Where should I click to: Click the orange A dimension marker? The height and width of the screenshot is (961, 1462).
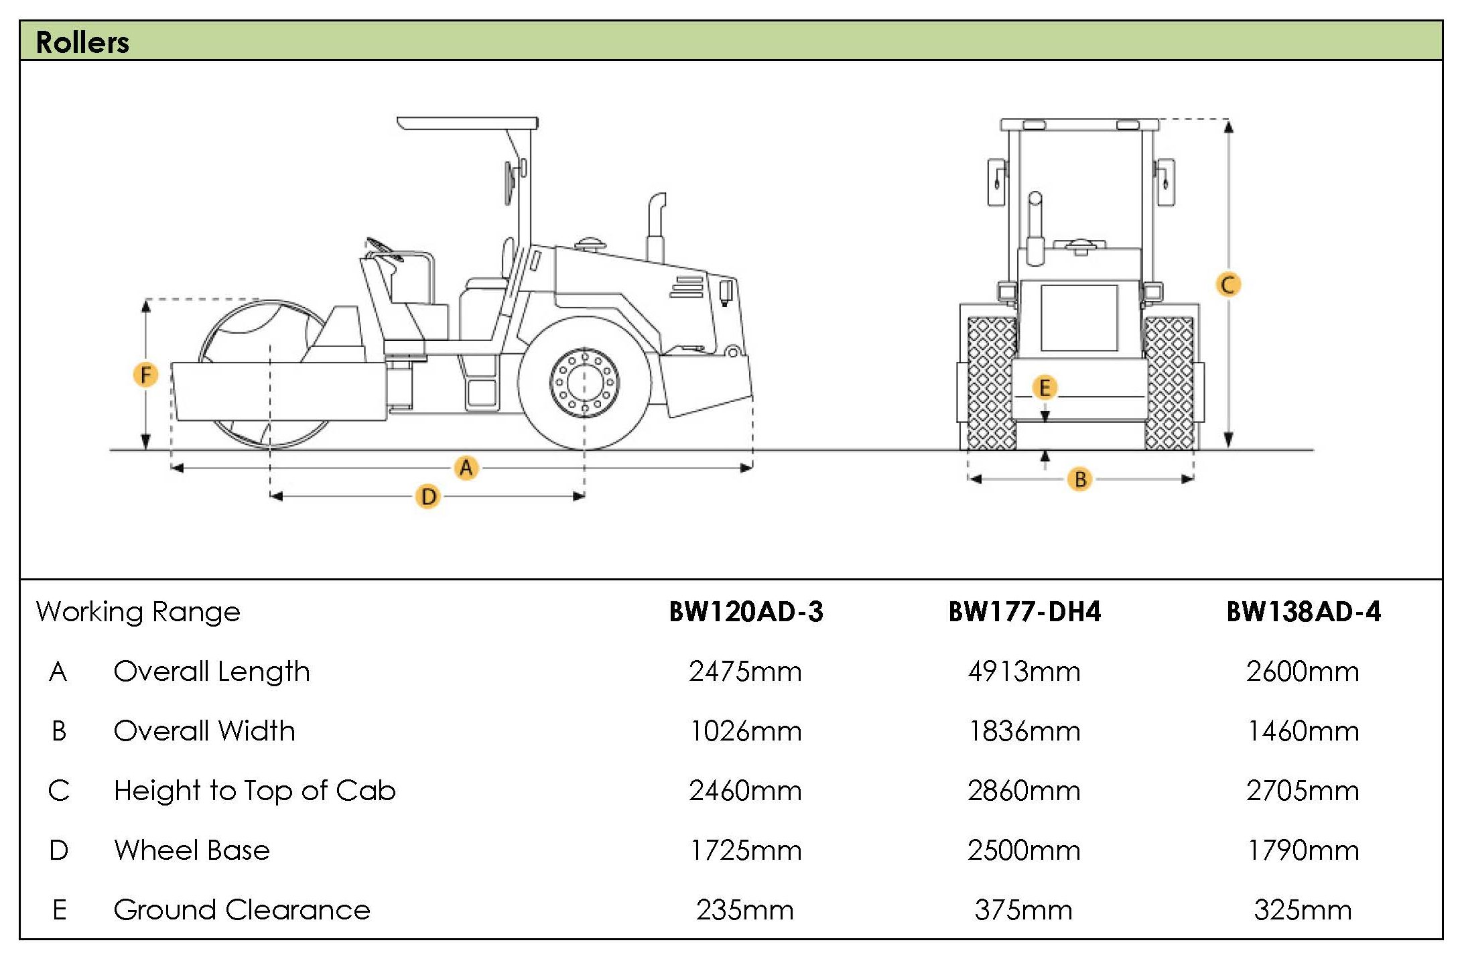(466, 467)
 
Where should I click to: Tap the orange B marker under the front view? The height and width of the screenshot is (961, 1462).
(1079, 479)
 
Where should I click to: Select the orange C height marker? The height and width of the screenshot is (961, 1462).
(1227, 285)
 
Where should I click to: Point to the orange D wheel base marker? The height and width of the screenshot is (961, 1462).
(428, 497)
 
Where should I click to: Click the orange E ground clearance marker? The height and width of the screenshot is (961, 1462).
(1044, 387)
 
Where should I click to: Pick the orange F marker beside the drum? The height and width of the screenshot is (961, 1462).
(145, 375)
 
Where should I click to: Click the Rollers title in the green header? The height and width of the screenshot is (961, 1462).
(82, 42)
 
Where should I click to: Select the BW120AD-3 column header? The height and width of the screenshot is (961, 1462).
(746, 612)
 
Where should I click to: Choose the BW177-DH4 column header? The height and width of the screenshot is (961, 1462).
(1024, 612)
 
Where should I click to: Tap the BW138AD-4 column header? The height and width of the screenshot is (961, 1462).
(1303, 612)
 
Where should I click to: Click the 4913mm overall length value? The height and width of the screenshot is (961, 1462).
(1024, 671)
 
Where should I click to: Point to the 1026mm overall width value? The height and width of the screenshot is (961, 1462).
(746, 731)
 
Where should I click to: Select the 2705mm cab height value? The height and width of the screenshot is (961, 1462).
(1303, 791)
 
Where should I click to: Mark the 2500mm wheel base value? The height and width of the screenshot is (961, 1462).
(1024, 850)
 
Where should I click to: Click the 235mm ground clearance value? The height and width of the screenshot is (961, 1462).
(744, 910)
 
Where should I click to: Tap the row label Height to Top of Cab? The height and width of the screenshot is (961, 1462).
(255, 791)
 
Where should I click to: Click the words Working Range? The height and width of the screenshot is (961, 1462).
(138, 612)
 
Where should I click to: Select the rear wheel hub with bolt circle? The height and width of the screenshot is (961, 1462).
(584, 383)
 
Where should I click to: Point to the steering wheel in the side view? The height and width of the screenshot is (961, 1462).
(383, 247)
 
